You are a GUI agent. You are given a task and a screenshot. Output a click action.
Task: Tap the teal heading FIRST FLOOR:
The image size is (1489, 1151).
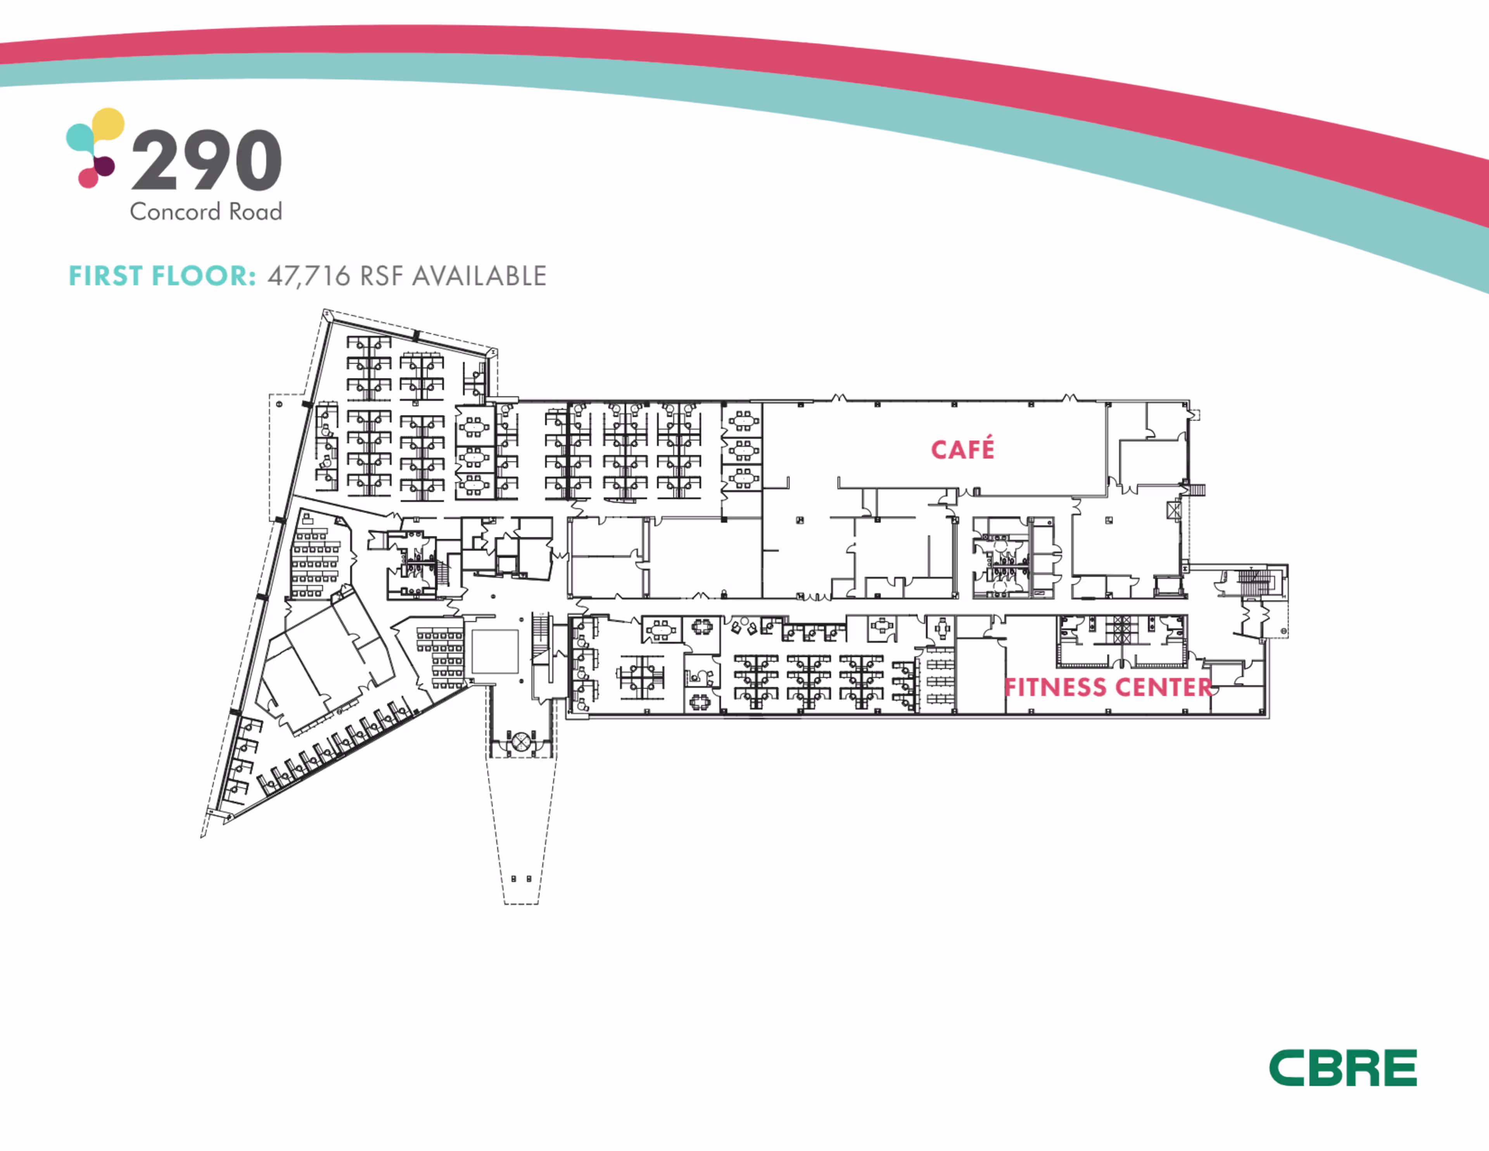(x=162, y=276)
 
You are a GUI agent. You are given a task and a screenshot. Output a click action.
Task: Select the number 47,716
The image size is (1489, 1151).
(x=309, y=276)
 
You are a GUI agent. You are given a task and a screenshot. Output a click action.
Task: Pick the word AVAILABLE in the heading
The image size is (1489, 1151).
(x=479, y=276)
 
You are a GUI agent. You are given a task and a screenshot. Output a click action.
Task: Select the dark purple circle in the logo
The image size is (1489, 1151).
(x=104, y=165)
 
